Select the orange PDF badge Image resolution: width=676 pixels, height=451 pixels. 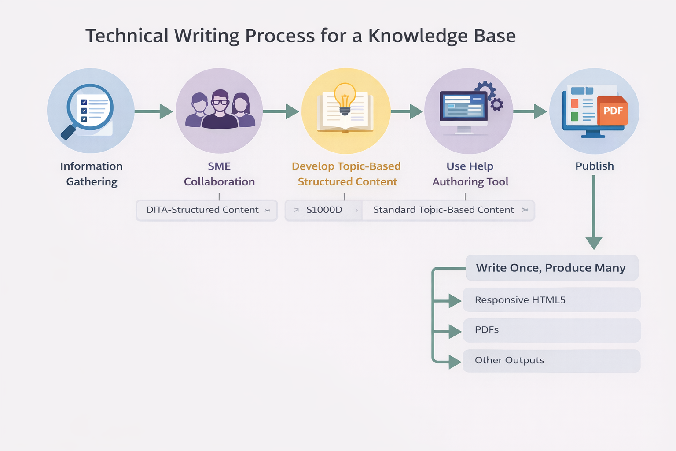click(613, 111)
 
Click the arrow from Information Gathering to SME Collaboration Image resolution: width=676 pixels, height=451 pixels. click(154, 111)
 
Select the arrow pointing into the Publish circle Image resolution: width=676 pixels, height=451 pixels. click(530, 111)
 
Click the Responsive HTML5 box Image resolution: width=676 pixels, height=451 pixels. click(551, 300)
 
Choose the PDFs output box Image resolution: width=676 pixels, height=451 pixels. click(551, 330)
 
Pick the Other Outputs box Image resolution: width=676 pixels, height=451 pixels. click(551, 361)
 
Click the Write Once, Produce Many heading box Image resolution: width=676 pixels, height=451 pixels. click(551, 268)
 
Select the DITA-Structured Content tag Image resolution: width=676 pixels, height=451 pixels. click(206, 210)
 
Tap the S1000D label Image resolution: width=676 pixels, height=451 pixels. click(324, 210)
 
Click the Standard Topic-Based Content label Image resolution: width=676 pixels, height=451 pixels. click(444, 210)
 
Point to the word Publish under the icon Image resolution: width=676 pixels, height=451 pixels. click(594, 166)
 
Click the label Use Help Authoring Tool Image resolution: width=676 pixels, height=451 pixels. click(470, 174)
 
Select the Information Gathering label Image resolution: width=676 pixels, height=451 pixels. click(92, 174)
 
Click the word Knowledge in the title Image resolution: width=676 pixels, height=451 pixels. click(417, 36)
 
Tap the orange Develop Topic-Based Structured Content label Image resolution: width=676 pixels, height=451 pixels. click(347, 174)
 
